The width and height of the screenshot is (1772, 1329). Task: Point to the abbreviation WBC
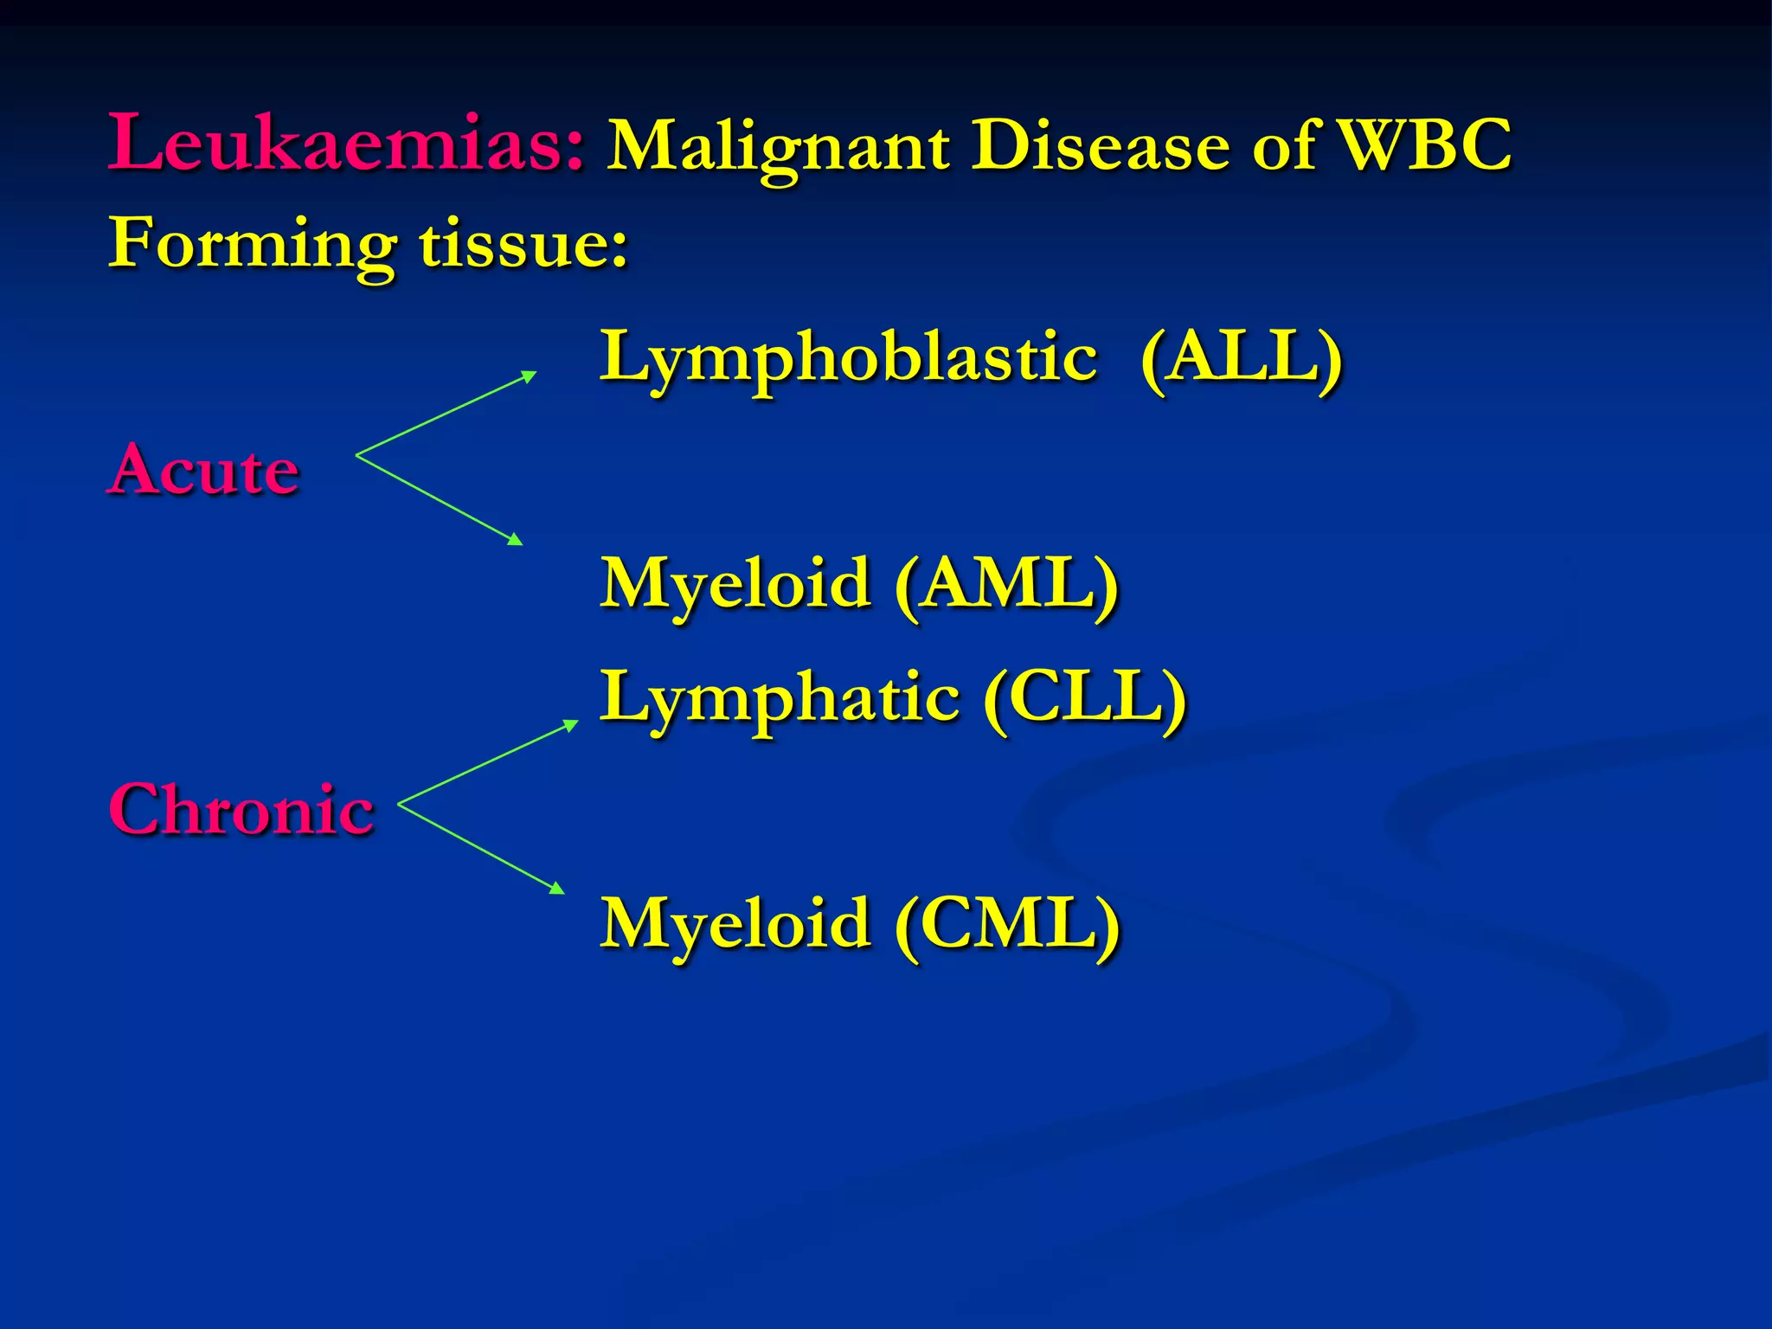click(x=1424, y=144)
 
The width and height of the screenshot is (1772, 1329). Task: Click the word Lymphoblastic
click(x=848, y=358)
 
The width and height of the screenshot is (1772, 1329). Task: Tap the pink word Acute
click(x=205, y=469)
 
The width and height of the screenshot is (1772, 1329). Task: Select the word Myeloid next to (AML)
click(x=735, y=584)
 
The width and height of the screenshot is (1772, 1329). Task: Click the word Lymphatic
click(x=779, y=699)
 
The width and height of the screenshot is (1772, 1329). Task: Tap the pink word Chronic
click(x=241, y=809)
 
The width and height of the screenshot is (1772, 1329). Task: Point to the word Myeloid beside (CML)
click(x=735, y=924)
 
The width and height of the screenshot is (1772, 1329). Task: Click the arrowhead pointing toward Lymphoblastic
click(x=529, y=376)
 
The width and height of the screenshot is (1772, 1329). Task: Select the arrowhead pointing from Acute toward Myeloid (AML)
click(x=516, y=540)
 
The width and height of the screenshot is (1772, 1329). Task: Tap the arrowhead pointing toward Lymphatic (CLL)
click(x=570, y=724)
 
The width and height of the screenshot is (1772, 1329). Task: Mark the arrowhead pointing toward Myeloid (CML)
click(x=557, y=889)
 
